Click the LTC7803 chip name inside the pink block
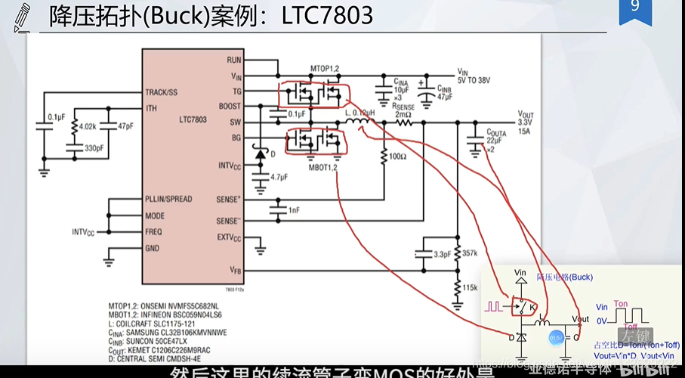coord(194,120)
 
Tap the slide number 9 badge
coord(635,8)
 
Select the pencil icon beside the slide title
coord(20,15)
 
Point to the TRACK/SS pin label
coord(162,92)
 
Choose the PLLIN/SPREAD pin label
coord(168,200)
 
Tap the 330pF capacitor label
coord(95,148)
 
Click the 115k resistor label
coord(470,288)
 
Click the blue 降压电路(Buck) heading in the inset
coord(564,277)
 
